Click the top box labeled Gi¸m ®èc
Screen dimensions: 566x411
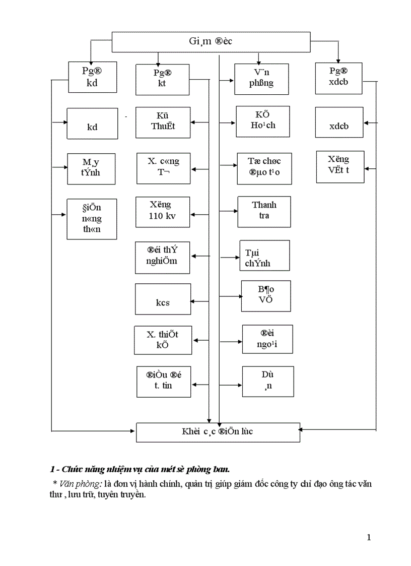211,42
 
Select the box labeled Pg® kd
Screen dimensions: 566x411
92,78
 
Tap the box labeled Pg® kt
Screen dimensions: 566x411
162,79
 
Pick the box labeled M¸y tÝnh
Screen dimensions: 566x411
91,168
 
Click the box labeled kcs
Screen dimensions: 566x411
163,299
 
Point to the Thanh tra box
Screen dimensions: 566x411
264,211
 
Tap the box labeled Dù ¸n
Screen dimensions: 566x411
267,382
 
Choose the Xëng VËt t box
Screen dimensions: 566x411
339,166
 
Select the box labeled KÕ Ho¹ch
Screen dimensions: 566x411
263,121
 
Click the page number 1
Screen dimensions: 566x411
369,537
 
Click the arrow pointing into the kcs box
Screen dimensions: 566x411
200,301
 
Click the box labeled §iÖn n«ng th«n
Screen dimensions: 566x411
92,219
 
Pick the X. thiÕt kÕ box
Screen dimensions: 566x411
163,340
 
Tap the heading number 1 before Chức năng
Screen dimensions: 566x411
52,469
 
